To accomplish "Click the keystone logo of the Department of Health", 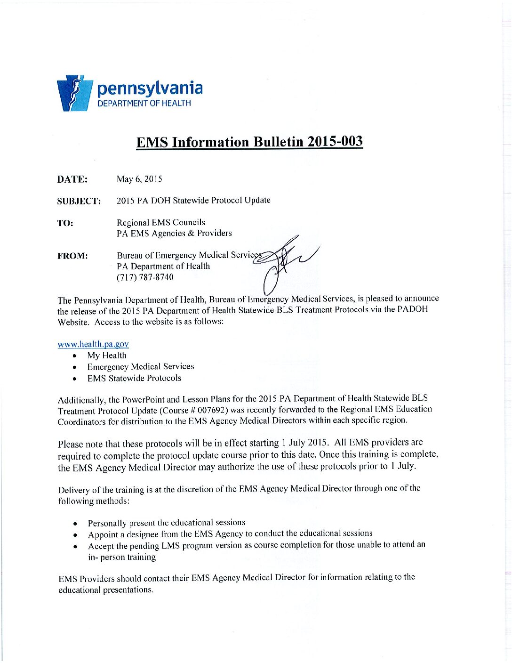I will [x=73, y=93].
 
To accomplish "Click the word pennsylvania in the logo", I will [x=150, y=88].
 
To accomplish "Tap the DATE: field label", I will [x=72, y=179].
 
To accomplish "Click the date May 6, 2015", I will [x=139, y=179].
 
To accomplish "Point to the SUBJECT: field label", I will [x=79, y=202].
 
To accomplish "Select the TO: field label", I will [x=65, y=223].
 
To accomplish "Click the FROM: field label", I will [x=72, y=256].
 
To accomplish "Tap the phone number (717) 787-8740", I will [x=145, y=277].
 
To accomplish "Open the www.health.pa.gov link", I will [x=93, y=344].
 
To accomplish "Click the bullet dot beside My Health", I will [x=75, y=356].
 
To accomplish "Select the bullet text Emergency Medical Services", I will [x=140, y=366].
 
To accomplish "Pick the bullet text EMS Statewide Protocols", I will [x=134, y=378].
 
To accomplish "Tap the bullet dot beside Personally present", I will [x=75, y=524].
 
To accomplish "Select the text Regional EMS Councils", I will [x=161, y=222].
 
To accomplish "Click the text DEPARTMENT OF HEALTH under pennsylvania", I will [x=144, y=103].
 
